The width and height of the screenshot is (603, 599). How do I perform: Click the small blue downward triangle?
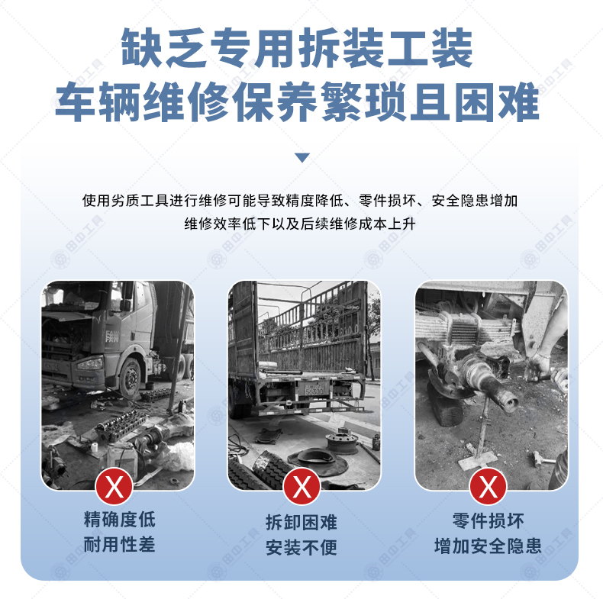302,158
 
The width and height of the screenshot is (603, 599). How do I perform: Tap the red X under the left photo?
114,486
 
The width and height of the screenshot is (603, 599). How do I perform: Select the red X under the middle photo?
301,486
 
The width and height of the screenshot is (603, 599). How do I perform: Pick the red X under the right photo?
488,486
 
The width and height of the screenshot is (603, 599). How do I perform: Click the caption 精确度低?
120,520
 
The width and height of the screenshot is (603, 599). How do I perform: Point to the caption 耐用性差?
120,544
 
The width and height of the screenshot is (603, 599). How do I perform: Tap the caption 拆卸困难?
301,523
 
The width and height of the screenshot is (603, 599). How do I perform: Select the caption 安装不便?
301,547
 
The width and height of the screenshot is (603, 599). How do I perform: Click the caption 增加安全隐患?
488,546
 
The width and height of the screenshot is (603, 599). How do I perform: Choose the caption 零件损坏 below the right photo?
488,521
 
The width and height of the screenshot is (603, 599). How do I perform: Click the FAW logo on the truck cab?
112,337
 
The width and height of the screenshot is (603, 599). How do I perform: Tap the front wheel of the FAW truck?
131,377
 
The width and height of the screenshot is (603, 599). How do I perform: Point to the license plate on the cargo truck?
314,391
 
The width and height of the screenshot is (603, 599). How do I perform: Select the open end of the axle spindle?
511,404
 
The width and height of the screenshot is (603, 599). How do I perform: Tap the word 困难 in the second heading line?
496,102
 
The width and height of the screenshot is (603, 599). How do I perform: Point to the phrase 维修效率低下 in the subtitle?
227,224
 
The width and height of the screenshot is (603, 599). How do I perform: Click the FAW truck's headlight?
90,363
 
